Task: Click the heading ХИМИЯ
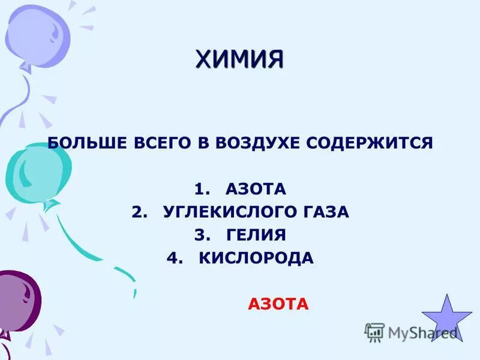click(x=239, y=59)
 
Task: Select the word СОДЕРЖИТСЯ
click(x=370, y=143)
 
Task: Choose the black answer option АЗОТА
click(x=256, y=190)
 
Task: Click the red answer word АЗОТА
click(x=278, y=305)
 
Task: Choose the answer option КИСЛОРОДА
click(x=256, y=258)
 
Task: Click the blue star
click(x=446, y=319)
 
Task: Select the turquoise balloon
click(x=36, y=171)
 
